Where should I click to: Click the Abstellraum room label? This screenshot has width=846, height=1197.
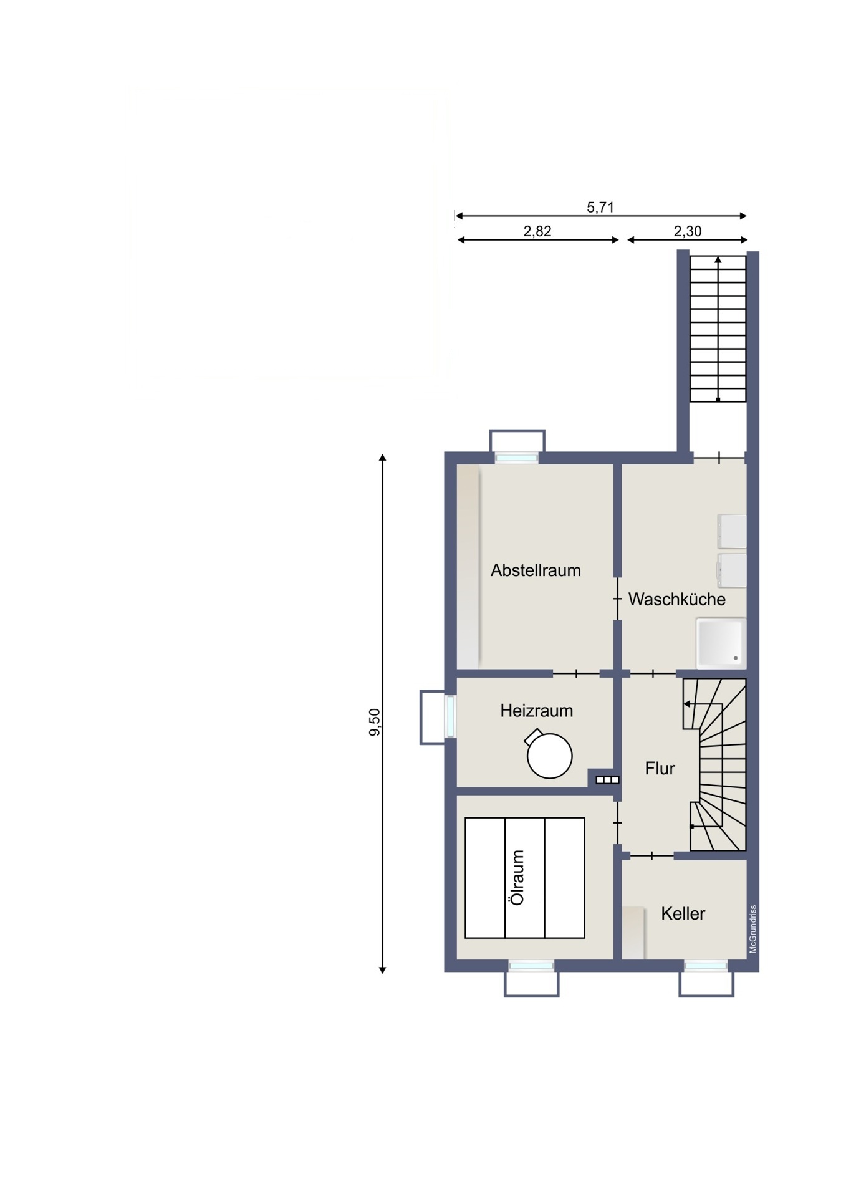(536, 570)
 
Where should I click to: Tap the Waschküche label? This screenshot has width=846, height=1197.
(677, 599)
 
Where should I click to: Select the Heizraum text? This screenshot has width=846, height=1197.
(536, 711)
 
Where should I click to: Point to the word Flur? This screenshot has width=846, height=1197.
(660, 769)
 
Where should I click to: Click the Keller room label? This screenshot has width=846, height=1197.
(683, 914)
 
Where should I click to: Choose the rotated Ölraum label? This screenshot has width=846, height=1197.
(517, 877)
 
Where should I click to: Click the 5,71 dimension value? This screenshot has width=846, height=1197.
(600, 208)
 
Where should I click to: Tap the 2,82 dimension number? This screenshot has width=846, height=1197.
(537, 231)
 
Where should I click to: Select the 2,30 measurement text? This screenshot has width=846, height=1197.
(688, 231)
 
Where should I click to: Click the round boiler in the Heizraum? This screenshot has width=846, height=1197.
(549, 754)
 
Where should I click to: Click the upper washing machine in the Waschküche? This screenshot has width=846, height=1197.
(732, 532)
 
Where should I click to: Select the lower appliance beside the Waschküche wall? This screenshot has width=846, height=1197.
(732, 570)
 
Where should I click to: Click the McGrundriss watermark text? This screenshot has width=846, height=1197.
(753, 930)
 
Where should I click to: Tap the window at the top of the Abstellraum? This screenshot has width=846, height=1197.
(517, 458)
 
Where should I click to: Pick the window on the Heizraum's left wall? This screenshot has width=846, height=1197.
(451, 716)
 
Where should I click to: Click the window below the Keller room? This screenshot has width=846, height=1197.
(706, 966)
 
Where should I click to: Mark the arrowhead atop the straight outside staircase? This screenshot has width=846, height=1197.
(718, 260)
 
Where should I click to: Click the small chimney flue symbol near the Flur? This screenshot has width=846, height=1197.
(607, 780)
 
